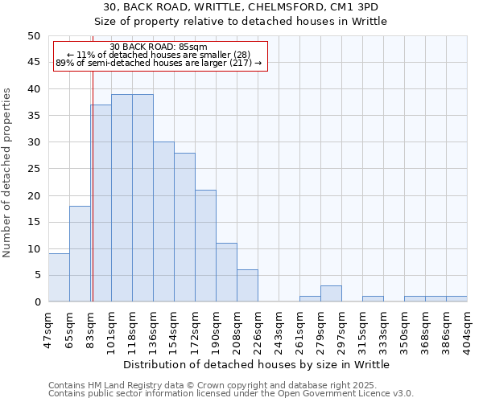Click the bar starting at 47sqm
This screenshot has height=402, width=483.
(x=59, y=277)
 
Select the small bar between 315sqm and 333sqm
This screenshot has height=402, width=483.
(x=373, y=299)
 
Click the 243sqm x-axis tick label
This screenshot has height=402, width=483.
(x=279, y=329)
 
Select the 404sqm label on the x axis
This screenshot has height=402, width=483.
(x=467, y=329)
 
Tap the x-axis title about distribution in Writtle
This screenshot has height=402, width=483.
(x=258, y=364)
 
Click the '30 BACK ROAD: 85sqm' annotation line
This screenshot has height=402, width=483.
(x=159, y=47)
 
